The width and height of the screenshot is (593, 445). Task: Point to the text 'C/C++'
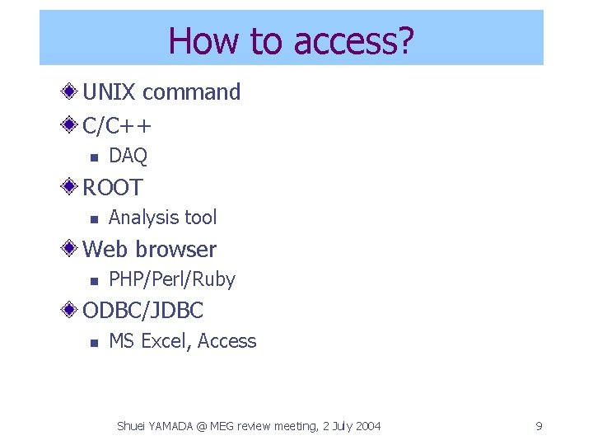click(117, 125)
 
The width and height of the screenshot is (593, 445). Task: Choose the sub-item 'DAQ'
click(128, 156)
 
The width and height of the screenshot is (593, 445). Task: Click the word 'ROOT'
click(113, 187)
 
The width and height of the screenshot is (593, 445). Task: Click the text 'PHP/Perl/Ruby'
click(172, 280)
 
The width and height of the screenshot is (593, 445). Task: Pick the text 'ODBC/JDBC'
click(143, 311)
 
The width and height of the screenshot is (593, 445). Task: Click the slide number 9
click(539, 426)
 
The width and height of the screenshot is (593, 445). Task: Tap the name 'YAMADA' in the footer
click(174, 426)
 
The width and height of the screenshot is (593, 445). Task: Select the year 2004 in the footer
click(367, 426)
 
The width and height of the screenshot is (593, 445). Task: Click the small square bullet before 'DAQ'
click(94, 157)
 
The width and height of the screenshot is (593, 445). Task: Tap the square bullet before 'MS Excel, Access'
click(94, 342)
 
